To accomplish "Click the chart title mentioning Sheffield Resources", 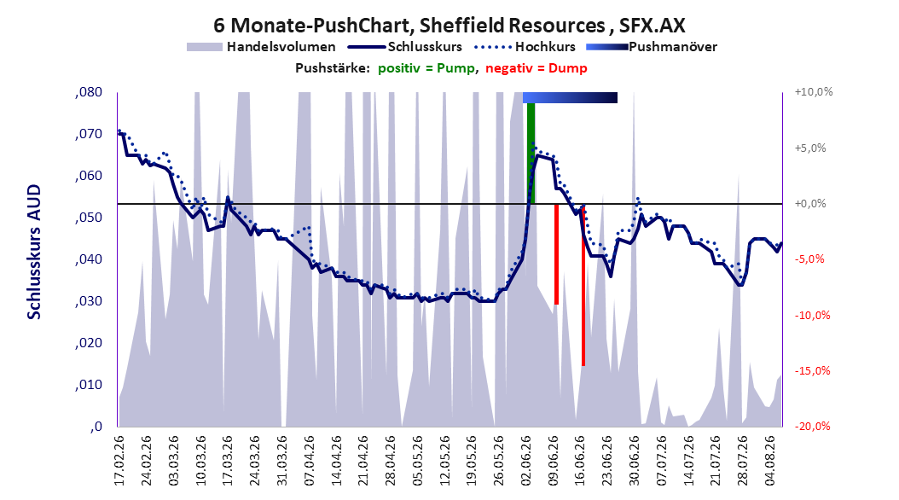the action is (x=449, y=26).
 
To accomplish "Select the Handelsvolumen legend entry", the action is (x=262, y=47).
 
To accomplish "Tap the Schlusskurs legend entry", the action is (x=404, y=47).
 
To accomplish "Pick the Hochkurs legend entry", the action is (x=525, y=47).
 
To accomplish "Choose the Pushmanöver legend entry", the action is (x=652, y=47).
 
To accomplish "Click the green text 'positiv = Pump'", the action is (x=426, y=68).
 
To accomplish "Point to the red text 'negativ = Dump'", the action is (x=536, y=68).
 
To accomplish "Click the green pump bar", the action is (x=531, y=153).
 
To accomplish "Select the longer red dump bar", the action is (x=583, y=285).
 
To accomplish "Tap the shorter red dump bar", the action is (x=556, y=254).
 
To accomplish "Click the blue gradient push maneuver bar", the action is (x=570, y=97).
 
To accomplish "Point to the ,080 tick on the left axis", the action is (x=89, y=92).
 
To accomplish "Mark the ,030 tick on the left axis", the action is (x=89, y=301).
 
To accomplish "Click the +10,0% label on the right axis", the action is (x=813, y=92).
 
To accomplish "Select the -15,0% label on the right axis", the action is (x=812, y=371).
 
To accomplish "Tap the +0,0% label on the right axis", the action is (x=810, y=204).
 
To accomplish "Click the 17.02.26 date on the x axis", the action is (x=119, y=461).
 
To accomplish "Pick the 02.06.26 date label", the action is (x=525, y=461).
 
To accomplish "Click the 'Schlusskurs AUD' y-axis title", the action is (x=34, y=252).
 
